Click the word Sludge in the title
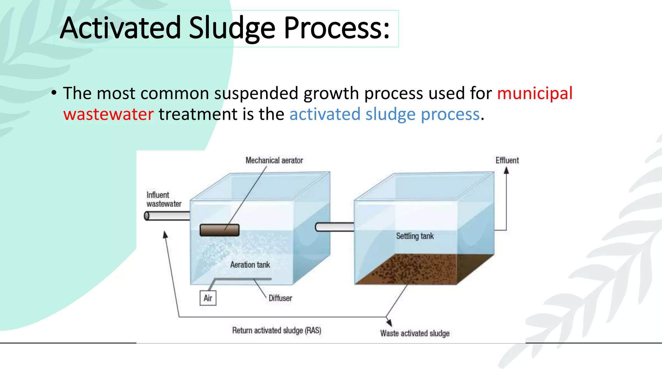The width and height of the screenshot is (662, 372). pos(231,28)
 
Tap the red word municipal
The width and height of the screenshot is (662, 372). pos(535,93)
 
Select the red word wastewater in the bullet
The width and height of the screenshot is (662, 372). pos(108,114)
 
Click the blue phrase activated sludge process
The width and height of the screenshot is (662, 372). pos(384,114)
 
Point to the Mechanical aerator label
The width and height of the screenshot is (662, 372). pos(274,160)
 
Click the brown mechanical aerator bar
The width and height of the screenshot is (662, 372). pos(219,230)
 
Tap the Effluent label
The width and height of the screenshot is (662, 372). pos(507,160)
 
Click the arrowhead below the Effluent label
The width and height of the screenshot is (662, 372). pos(507,171)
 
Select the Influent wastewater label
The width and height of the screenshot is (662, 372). pos(164,200)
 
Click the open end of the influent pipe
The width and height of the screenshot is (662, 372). pos(147,216)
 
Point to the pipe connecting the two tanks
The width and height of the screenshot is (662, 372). pos(335,227)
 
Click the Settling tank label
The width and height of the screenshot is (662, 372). pos(415,236)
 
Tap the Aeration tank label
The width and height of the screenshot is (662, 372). pos(250,265)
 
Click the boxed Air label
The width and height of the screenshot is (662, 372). pos(208,298)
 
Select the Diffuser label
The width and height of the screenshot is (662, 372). pos(280,298)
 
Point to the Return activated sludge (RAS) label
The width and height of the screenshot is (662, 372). pos(276,330)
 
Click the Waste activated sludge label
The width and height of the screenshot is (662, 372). pos(415,333)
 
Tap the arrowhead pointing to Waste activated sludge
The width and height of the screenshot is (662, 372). pos(390,322)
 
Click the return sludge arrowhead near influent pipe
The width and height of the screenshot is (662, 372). pos(165,235)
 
